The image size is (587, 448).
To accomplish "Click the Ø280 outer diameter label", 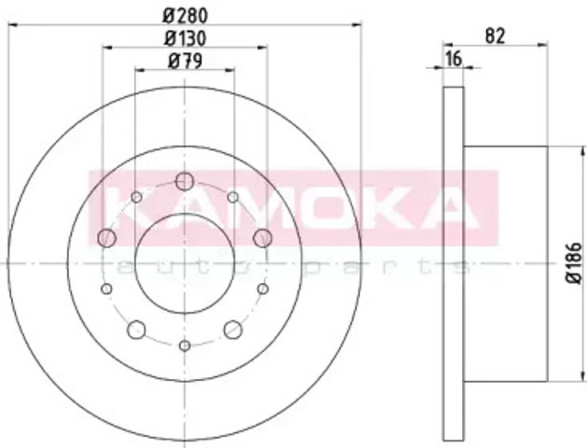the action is pos(185,15).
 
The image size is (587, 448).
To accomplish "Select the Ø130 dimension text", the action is pos(185,38).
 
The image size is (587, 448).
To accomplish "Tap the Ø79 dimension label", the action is pos(185,61).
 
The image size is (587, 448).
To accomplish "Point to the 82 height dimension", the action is pos(496,35).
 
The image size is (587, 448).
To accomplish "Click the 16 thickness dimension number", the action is pos(454,59).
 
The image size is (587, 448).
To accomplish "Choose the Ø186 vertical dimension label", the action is pos(574,263).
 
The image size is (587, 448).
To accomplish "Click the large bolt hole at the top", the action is pos(185,181).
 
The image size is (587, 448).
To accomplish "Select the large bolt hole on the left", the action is pos(106,238).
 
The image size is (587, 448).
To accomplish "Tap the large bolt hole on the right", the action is pos(262,238).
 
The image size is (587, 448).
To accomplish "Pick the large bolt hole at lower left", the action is pos(136,329).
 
